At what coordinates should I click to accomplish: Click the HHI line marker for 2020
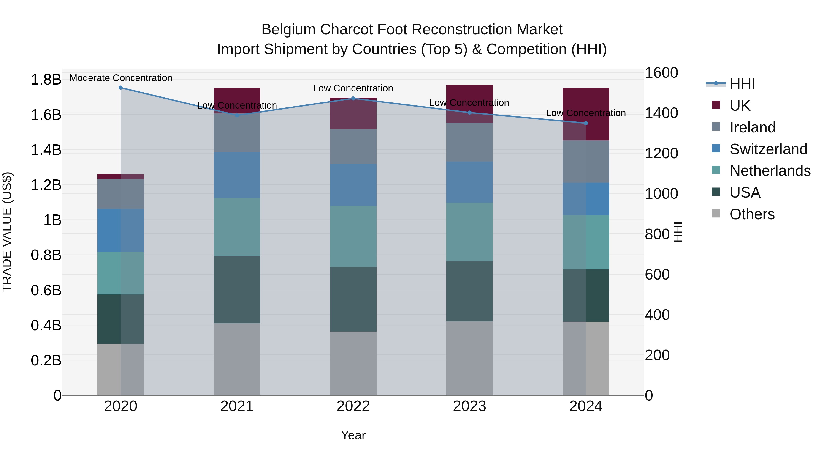[121, 88]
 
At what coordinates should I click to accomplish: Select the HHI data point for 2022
[353, 98]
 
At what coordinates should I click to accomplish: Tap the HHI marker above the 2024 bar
[586, 123]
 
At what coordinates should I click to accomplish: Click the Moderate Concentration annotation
[121, 78]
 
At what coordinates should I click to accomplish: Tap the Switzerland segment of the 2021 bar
[237, 175]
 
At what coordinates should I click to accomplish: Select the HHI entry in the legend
[742, 84]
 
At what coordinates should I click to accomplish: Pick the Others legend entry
[752, 214]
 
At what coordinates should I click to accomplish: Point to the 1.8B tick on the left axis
[46, 80]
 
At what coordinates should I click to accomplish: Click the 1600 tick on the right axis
[661, 73]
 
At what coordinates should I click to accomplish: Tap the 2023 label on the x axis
[469, 406]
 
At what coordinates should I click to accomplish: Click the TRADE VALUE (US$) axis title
[7, 232]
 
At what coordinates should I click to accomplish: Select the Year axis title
[353, 435]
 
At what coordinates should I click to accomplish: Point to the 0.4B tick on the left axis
[46, 325]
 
